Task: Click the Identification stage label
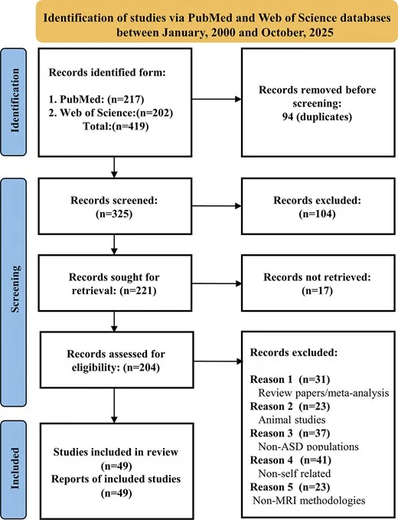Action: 15,101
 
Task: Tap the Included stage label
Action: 15,468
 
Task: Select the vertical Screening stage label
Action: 15,289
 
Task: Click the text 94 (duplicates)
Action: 317,116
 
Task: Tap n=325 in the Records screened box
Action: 114,214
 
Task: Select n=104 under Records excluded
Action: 317,214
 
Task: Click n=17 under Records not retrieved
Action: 317,290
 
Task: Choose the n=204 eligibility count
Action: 142,368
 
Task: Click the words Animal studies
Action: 292,420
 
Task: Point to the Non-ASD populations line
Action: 308,446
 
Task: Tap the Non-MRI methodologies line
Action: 309,500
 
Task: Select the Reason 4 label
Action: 272,460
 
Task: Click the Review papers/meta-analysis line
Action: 324,393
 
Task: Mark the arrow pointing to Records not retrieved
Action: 217,283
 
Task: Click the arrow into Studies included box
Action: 114,406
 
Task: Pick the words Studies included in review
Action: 116,452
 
